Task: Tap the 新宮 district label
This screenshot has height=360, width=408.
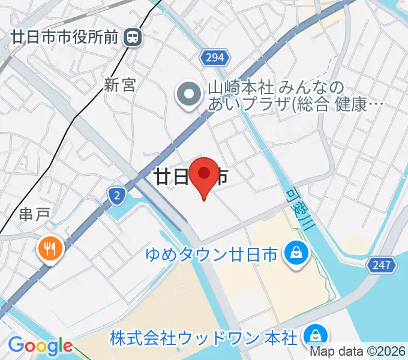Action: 119,85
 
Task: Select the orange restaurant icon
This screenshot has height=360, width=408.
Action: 49,248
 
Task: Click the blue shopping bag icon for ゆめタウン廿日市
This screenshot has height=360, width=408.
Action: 296,253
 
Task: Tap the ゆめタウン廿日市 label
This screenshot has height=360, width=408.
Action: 212,255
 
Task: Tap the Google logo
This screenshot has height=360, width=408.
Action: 40,346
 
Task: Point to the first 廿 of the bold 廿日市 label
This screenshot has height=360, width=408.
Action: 163,177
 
